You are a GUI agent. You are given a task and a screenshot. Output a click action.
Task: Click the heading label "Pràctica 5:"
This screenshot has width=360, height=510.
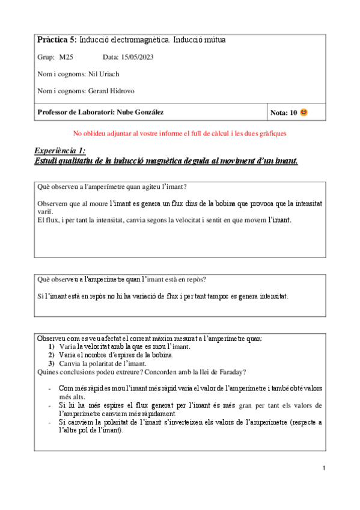click(x=57, y=40)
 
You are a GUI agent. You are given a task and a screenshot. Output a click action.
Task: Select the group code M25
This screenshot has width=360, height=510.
click(x=66, y=57)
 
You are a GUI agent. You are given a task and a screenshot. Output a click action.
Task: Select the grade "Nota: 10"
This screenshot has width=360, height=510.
click(x=284, y=112)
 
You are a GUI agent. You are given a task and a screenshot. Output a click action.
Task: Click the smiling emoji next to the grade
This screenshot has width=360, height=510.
click(x=304, y=112)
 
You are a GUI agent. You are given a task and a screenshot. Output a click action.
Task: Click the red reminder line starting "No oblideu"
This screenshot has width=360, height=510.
click(x=180, y=133)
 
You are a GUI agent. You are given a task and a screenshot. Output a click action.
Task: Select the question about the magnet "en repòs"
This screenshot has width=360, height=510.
click(x=121, y=279)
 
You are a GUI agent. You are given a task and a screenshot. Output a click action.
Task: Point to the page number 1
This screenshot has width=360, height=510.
click(x=323, y=468)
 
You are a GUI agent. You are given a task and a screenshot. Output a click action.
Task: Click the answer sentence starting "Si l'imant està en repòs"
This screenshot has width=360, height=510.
click(x=162, y=296)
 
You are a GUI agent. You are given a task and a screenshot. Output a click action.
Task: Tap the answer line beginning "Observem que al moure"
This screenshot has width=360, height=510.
click(x=179, y=204)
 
